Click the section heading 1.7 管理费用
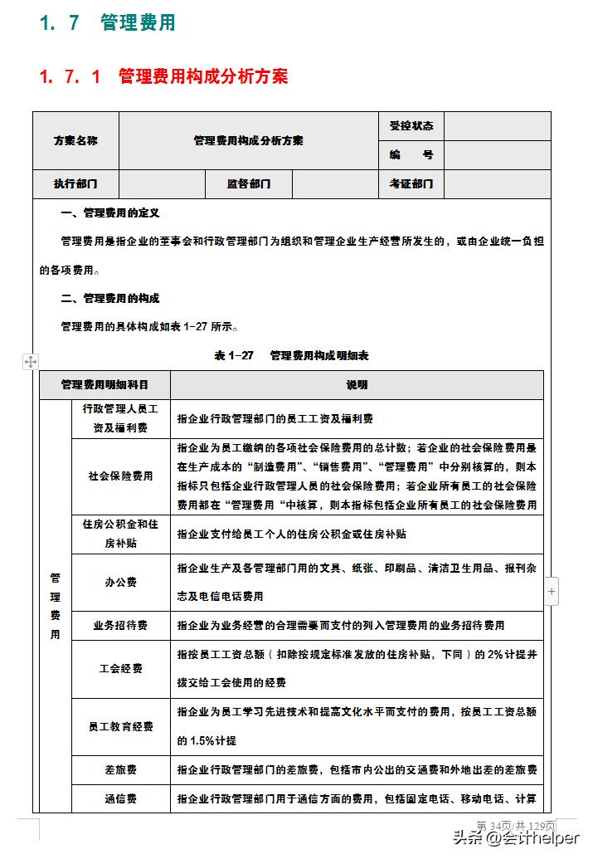click(x=108, y=22)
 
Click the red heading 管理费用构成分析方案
click(x=163, y=77)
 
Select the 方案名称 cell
click(x=75, y=140)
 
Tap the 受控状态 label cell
click(x=411, y=126)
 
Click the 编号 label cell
click(x=411, y=155)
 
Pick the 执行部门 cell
click(x=75, y=184)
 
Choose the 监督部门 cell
click(x=249, y=184)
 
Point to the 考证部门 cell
click(x=411, y=184)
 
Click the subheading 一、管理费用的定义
click(x=110, y=213)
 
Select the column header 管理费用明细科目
click(x=105, y=385)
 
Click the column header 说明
click(x=357, y=385)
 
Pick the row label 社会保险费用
click(x=121, y=476)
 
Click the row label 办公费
click(x=121, y=583)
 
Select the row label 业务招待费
click(x=121, y=625)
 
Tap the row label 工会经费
click(x=121, y=668)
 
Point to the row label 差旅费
click(x=121, y=769)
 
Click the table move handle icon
click(x=31, y=361)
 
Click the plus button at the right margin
click(x=552, y=592)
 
